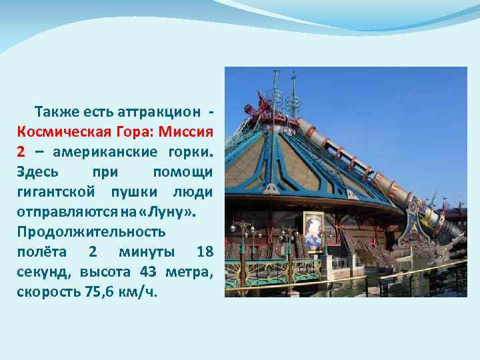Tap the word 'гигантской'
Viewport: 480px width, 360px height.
[x=55, y=192]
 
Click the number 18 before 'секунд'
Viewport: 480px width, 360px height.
[x=205, y=253]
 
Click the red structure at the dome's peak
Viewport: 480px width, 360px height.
[x=261, y=108]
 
